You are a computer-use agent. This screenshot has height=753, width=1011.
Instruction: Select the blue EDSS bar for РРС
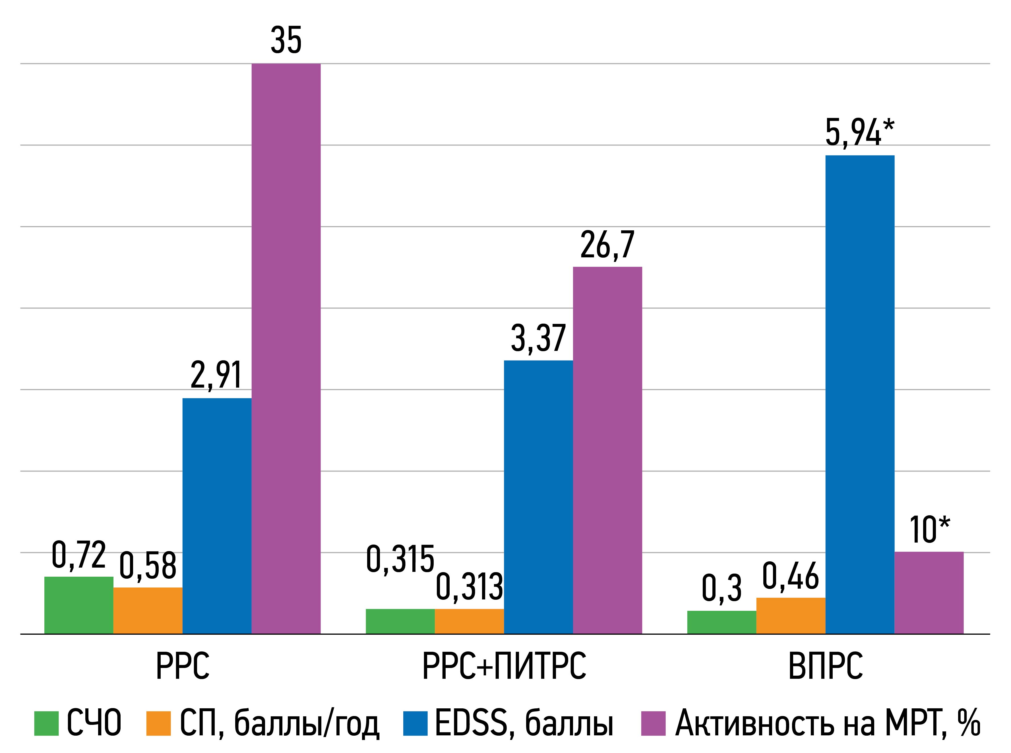point(217,516)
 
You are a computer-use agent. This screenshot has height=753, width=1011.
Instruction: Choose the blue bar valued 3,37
point(538,497)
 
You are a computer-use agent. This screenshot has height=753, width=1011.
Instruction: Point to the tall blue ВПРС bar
point(860,394)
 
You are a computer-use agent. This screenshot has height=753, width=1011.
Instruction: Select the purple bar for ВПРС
point(929,593)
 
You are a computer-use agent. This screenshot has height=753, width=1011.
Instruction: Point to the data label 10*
point(929,531)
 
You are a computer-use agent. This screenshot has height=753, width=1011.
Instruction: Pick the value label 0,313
point(470,587)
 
